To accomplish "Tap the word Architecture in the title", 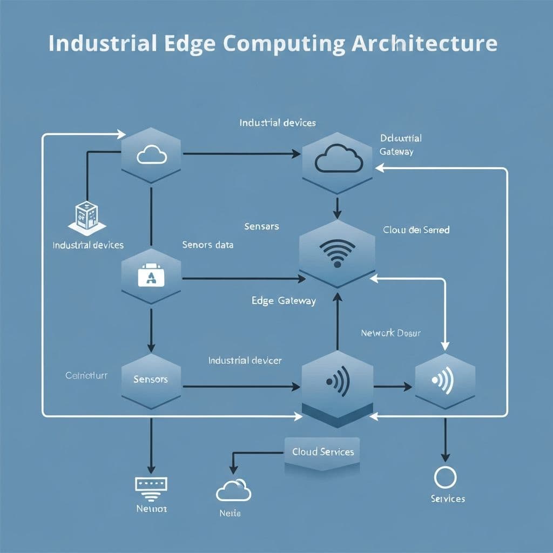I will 424,43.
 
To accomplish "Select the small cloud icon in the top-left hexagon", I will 151,156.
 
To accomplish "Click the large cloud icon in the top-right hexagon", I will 338,159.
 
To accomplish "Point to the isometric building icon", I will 86,216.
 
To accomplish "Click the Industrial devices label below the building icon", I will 88,245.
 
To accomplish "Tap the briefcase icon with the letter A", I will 151,276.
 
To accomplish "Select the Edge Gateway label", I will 284,301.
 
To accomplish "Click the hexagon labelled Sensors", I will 151,379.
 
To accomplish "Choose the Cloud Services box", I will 323,451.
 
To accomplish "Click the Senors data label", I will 208,245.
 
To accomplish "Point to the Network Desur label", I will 390,333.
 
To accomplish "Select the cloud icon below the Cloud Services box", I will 234,490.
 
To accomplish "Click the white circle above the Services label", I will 446,478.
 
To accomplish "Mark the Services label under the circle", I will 448,499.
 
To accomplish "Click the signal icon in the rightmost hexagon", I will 445,380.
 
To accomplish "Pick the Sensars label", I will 261,226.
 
